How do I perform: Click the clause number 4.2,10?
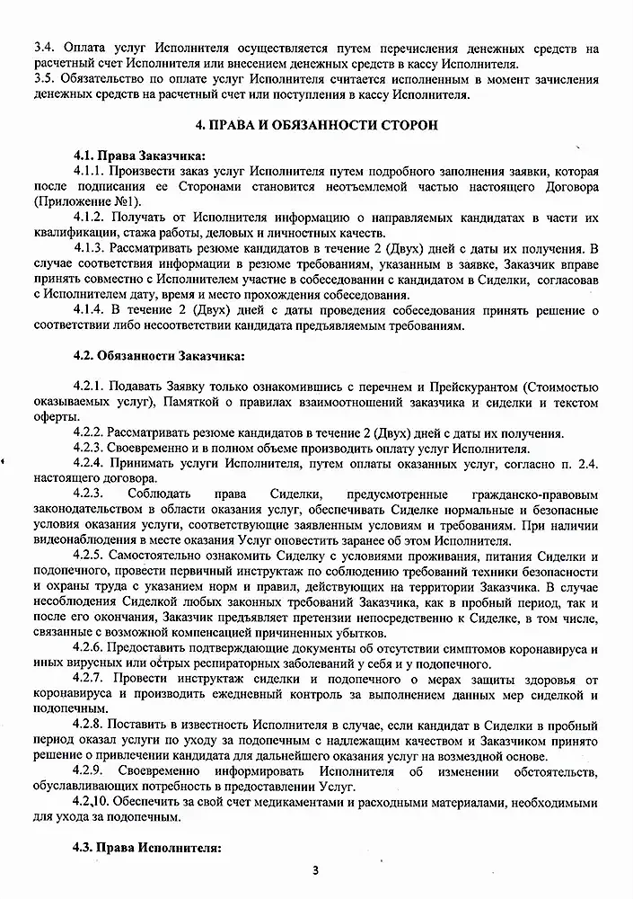92,803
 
